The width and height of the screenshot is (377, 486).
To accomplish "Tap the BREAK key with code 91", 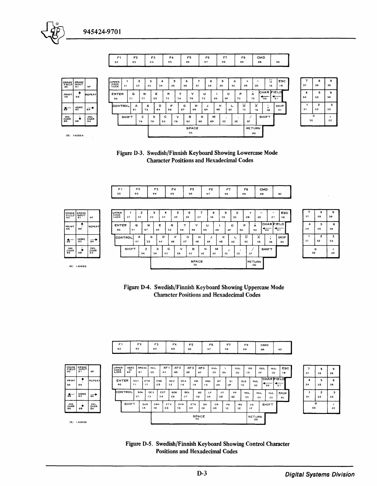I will (x=142, y=370).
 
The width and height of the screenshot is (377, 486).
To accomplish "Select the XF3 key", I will (x=190, y=370).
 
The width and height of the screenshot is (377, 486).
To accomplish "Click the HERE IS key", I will (x=130, y=370).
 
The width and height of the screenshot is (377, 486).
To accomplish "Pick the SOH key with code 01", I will (x=140, y=395).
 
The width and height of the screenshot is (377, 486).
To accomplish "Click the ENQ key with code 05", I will (x=159, y=383).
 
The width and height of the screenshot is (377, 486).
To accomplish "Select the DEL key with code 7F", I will (x=262, y=370).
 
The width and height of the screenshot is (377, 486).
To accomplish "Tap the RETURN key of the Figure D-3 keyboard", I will (x=253, y=131).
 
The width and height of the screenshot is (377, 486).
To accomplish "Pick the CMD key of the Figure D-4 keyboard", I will (x=264, y=192).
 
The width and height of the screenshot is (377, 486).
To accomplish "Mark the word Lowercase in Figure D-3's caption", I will (x=249, y=153).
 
